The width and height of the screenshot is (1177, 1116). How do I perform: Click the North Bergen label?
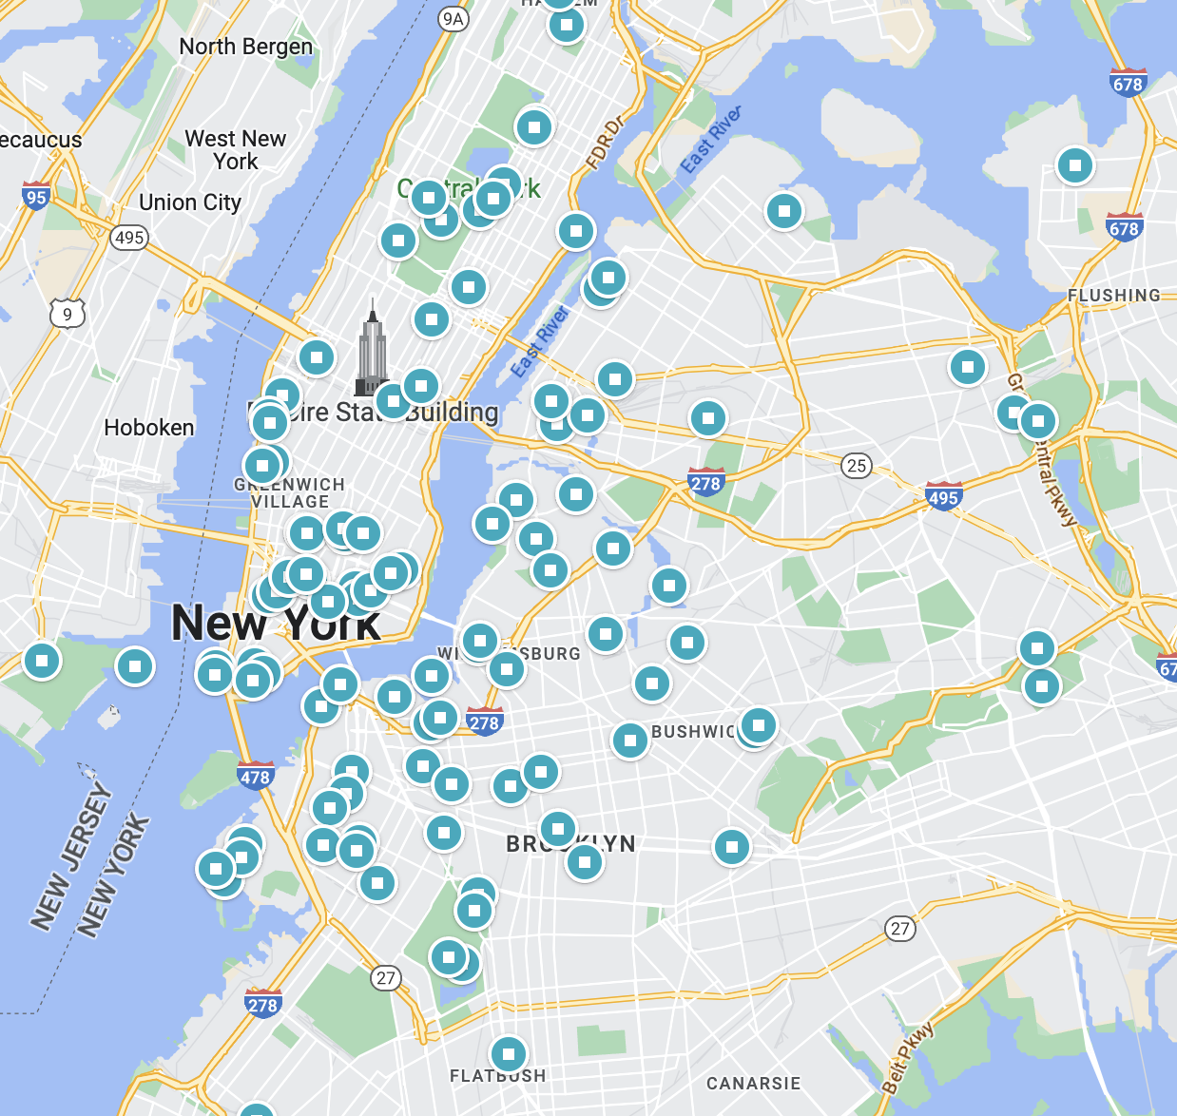pos(245,47)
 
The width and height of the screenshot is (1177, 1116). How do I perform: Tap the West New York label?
pos(235,150)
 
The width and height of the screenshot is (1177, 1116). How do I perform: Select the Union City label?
pos(190,202)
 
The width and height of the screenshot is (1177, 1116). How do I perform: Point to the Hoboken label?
pos(149,428)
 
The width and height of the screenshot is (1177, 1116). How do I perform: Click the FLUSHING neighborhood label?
pos(1113,296)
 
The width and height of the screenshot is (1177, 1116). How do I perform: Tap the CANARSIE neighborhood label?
pos(753,1084)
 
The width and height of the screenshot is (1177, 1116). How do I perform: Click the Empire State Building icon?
pos(372,347)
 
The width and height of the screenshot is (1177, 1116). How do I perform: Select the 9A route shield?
pos(453,18)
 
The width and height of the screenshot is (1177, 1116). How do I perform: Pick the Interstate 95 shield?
pos(36,196)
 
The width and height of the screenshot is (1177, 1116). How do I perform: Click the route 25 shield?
pos(857,466)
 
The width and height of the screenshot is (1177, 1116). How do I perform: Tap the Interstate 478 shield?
pos(255,776)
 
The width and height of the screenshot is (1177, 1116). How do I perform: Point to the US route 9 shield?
pos(67,314)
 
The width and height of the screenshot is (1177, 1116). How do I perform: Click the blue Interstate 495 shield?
pos(943,495)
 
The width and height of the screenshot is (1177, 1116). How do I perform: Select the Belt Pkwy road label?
pos(907,1058)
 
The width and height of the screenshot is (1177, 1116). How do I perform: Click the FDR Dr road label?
pos(606,143)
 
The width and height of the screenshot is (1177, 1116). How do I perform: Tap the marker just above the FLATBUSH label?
pos(509,1054)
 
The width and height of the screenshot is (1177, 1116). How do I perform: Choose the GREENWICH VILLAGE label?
pos(290,493)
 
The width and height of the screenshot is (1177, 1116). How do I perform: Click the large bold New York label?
pos(276,624)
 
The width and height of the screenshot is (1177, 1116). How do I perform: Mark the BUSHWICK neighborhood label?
pos(694,732)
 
